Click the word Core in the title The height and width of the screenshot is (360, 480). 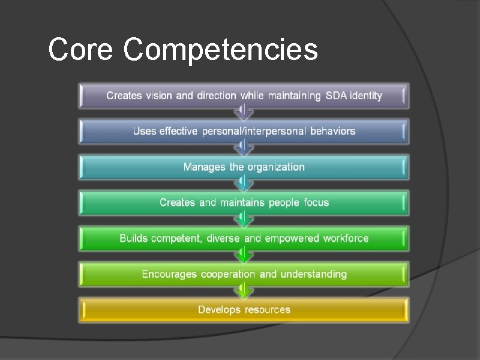(80, 50)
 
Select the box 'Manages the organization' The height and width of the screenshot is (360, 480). (244, 167)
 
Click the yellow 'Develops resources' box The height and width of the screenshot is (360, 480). (244, 310)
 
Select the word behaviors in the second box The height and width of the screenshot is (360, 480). (332, 131)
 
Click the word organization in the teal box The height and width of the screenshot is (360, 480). (275, 167)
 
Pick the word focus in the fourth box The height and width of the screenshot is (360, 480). (315, 203)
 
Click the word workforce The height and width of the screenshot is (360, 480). (346, 239)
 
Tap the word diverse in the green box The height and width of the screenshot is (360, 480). (223, 239)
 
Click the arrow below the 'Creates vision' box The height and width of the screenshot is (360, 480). (243, 113)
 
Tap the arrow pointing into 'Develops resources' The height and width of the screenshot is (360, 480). (243, 292)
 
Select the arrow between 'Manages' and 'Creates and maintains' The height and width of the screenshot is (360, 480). (243, 184)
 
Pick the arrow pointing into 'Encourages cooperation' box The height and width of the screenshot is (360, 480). (243, 256)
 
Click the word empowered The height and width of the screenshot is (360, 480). (292, 239)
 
